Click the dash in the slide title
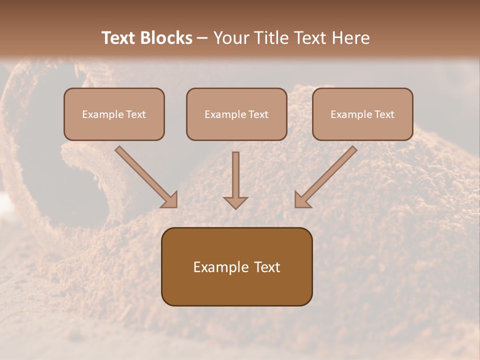202,38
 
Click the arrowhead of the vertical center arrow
235,202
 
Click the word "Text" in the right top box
384,114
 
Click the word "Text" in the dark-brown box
268,267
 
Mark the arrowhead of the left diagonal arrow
170,199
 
